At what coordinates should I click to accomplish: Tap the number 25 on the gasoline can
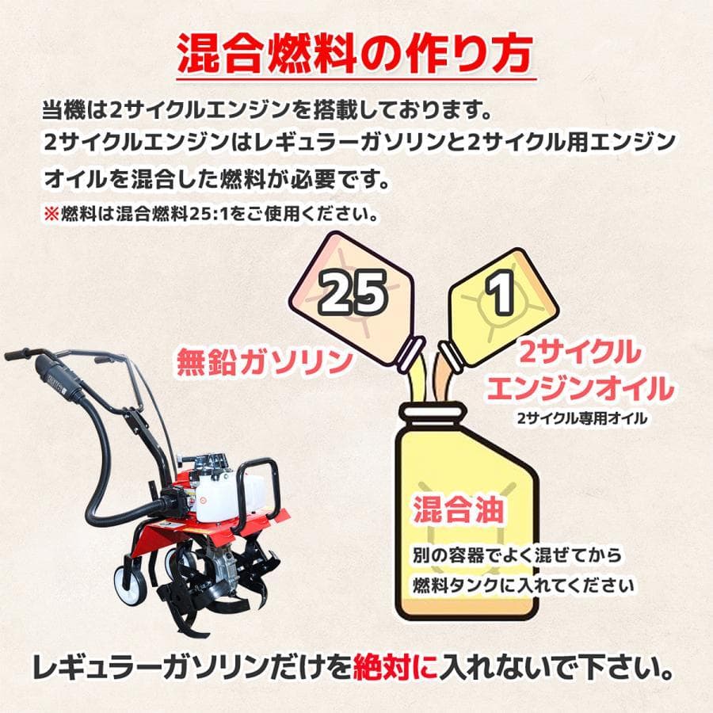pos(353,293)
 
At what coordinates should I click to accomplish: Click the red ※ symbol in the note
pos(51,215)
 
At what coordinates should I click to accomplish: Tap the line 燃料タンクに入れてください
pos(523,585)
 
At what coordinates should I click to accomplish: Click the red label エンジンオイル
pos(581,389)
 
